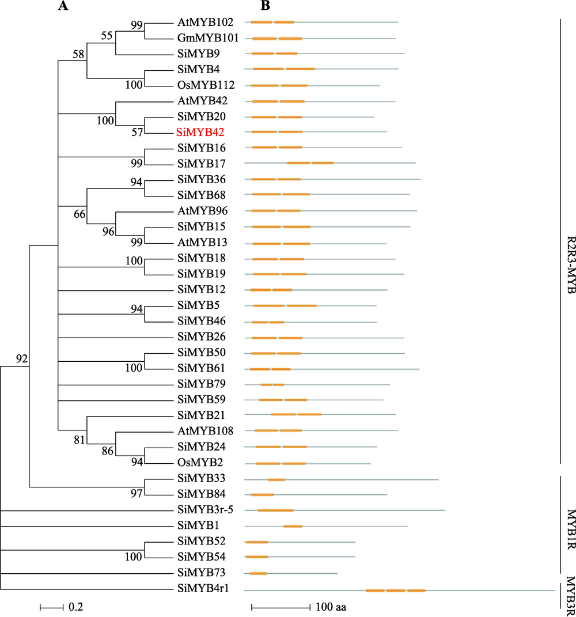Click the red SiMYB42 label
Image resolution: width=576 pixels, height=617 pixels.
pyautogui.click(x=200, y=133)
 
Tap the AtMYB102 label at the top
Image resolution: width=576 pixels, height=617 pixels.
pyautogui.click(x=206, y=22)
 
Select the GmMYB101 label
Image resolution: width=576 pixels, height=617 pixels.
pyautogui.click(x=208, y=38)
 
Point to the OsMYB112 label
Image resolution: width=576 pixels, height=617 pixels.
pyautogui.click(x=206, y=85)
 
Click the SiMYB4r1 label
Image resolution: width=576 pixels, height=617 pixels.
pyautogui.click(x=203, y=588)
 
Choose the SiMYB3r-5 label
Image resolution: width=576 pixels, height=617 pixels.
pyautogui.click(x=206, y=510)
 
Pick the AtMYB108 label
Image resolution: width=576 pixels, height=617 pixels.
pyautogui.click(x=206, y=431)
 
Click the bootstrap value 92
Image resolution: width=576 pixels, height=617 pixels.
pyautogui.click(x=22, y=358)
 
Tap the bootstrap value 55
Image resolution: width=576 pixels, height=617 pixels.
pyautogui.click(x=107, y=35)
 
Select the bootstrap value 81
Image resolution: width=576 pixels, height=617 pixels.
pyautogui.click(x=79, y=440)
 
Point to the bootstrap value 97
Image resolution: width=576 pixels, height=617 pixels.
pyautogui.click(x=137, y=494)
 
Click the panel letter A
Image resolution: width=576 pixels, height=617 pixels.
pyautogui.click(x=63, y=6)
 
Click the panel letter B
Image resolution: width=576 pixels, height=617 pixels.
pyautogui.click(x=266, y=6)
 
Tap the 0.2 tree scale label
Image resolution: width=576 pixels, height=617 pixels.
pyautogui.click(x=76, y=607)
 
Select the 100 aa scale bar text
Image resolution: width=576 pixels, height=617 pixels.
pyautogui.click(x=331, y=607)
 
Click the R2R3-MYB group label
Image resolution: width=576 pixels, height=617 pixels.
pyautogui.click(x=571, y=265)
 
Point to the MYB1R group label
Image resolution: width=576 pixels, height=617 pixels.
pyautogui.click(x=571, y=529)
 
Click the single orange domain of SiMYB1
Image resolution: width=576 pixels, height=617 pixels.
pyautogui.click(x=293, y=526)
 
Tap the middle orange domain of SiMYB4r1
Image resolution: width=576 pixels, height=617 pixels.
pyautogui.click(x=395, y=590)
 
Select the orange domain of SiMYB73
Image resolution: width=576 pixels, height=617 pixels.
pyautogui.click(x=258, y=573)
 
